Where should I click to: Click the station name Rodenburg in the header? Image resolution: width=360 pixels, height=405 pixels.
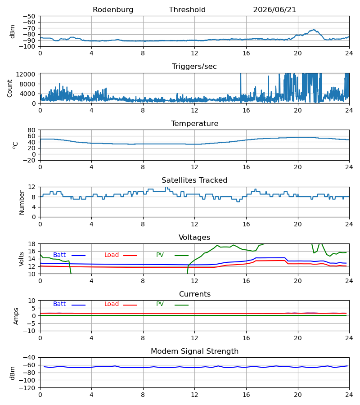coord(113,10)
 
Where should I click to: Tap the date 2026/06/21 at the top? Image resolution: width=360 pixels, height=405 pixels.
coord(274,10)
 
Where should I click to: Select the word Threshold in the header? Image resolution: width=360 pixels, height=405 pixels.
coord(187,10)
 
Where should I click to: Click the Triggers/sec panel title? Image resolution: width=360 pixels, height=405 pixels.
coord(194,67)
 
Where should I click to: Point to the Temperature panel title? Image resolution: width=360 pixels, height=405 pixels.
coord(194,123)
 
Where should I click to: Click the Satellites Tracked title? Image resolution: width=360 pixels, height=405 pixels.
coord(194,180)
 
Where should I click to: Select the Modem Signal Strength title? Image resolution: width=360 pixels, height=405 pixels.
coord(194,351)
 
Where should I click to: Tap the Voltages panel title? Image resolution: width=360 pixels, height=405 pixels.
coord(194,237)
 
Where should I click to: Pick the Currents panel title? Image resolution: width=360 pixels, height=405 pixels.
coord(195,294)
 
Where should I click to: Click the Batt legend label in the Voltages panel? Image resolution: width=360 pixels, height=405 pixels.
coord(59,255)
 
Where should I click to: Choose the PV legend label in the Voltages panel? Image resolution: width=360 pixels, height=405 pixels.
coord(160,255)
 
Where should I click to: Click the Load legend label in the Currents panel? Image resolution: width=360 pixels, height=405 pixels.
coord(112,304)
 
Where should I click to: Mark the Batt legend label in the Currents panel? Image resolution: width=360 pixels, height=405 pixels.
coord(59,304)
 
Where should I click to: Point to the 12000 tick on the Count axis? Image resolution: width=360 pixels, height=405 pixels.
coord(26,74)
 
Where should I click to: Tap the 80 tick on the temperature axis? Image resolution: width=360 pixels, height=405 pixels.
coord(31,130)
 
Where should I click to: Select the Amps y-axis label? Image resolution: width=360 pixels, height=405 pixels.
coord(16,316)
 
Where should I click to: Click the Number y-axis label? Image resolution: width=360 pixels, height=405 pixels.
coord(22,202)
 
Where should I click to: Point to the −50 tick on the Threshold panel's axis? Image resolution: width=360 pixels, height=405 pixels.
coord(29,16)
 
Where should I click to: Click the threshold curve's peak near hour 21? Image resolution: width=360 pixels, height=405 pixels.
coord(313,30)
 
